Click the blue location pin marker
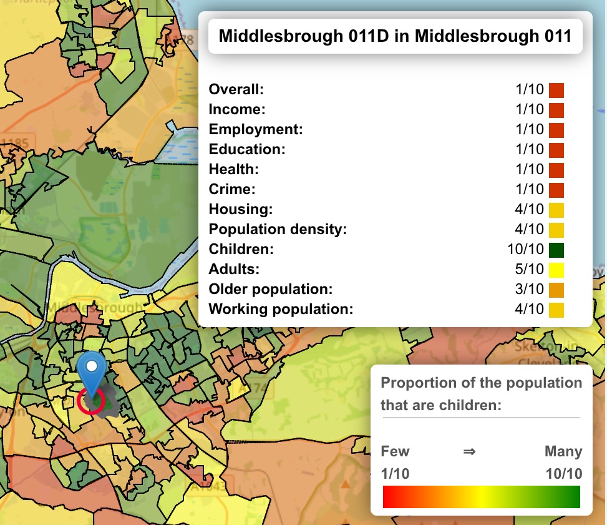click(92, 371)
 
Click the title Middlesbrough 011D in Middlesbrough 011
click(395, 36)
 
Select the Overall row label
click(236, 89)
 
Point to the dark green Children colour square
click(556, 250)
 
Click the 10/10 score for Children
click(525, 250)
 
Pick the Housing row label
click(240, 209)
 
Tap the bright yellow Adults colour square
click(556, 270)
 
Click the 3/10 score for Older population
click(530, 290)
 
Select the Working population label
click(281, 309)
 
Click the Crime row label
click(232, 189)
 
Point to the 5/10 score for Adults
click(530, 270)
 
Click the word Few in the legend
click(395, 451)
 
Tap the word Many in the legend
click(563, 451)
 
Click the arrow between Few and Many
click(469, 451)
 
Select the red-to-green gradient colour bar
click(481, 497)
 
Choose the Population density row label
click(277, 229)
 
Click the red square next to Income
click(556, 110)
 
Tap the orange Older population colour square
click(556, 290)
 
